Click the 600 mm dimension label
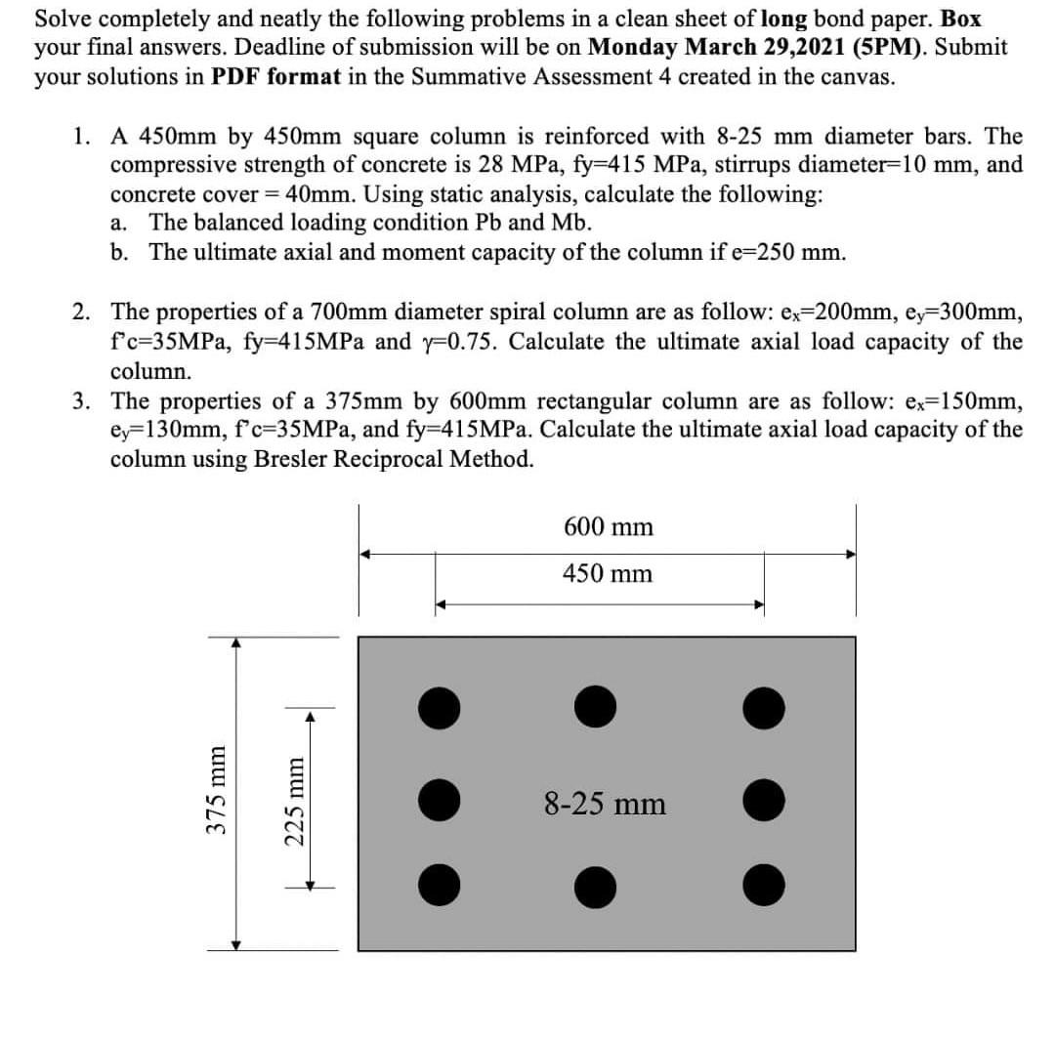609,526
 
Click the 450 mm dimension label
608,573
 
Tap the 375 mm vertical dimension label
216,790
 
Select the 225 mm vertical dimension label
295,801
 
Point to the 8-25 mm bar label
605,804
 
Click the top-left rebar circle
440,708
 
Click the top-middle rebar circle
596,707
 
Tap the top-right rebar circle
764,708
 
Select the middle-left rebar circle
440,800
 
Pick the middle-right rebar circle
764,800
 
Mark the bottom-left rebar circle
440,886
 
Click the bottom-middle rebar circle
596,888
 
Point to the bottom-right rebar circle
764,886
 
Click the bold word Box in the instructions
961,19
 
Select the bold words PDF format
276,77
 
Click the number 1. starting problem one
81,137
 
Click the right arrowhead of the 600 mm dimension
851,555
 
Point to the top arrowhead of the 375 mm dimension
235,643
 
